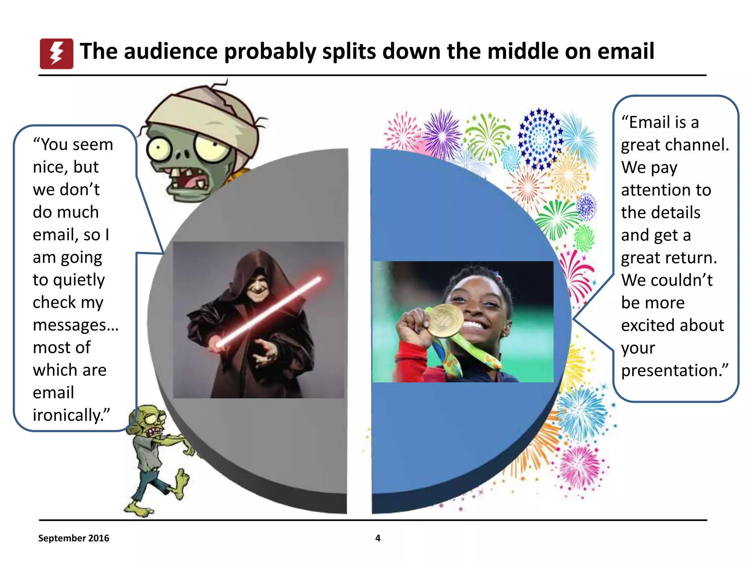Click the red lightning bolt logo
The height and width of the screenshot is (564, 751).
(56, 54)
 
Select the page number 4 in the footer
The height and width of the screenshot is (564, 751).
(378, 538)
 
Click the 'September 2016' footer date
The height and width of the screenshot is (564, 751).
(74, 538)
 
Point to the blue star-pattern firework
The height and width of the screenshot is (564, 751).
(539, 138)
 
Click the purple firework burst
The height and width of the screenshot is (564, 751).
(443, 135)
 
